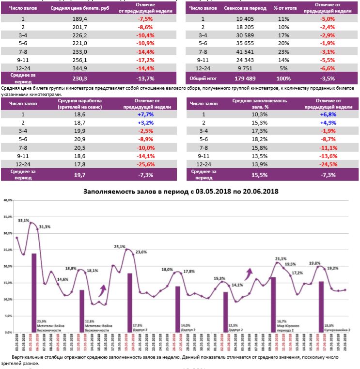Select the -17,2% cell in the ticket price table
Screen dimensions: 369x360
(145, 60)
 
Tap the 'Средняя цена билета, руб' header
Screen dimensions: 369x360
(79, 9)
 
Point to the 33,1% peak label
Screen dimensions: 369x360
(23, 220)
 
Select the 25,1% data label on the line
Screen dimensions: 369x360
(120, 246)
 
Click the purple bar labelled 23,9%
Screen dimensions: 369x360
(34, 291)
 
